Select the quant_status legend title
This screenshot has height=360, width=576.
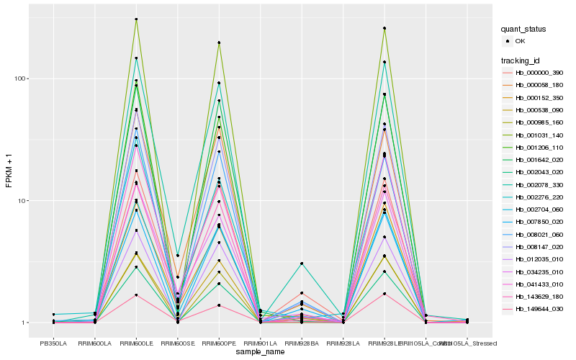click(523, 30)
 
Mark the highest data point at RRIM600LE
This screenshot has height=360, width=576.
click(136, 19)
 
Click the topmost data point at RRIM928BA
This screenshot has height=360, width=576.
click(302, 264)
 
